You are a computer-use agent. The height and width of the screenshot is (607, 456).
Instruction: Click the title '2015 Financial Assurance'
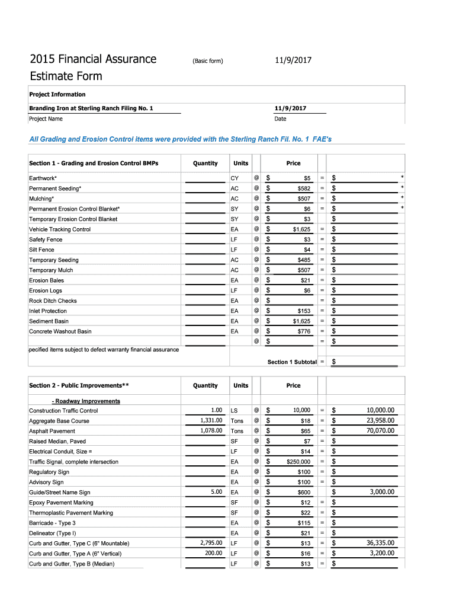93,59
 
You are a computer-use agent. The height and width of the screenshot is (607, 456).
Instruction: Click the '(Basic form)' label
207,60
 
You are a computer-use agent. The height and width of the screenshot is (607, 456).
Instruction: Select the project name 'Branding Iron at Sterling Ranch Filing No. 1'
91,108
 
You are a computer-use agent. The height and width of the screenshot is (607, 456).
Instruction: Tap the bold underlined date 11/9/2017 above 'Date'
291,108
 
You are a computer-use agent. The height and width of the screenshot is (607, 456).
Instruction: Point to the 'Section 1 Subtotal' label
292,362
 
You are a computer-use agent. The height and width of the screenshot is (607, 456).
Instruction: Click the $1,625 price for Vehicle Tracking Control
301,229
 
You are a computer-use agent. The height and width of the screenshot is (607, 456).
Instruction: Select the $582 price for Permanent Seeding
304,189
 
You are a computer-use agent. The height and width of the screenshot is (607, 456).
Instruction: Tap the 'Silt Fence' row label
41,250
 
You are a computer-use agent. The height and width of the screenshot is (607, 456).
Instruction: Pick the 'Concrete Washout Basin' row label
60,331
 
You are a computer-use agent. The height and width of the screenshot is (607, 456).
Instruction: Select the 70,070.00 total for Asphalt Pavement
380,430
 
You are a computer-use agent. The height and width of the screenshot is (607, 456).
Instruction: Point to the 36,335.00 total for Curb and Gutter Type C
380,543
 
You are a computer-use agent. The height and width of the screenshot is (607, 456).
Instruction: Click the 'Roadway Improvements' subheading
86,401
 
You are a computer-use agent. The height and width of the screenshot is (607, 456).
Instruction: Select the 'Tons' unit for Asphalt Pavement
237,431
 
